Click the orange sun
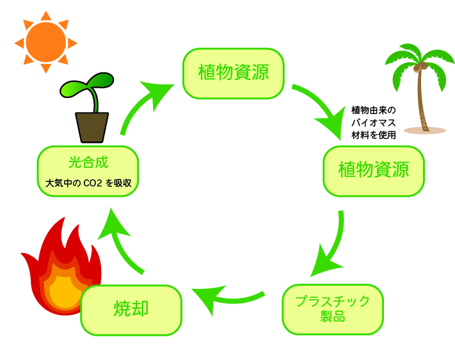tap(46, 42)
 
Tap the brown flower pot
tap(92, 127)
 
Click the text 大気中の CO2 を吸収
tap(88, 183)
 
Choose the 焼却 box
tap(131, 309)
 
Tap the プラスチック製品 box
tap(332, 309)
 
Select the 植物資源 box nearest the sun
tap(233, 73)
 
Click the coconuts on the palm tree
tap(419, 67)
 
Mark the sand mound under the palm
tap(424, 130)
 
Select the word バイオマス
tap(374, 122)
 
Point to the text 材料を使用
tap(374, 135)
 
